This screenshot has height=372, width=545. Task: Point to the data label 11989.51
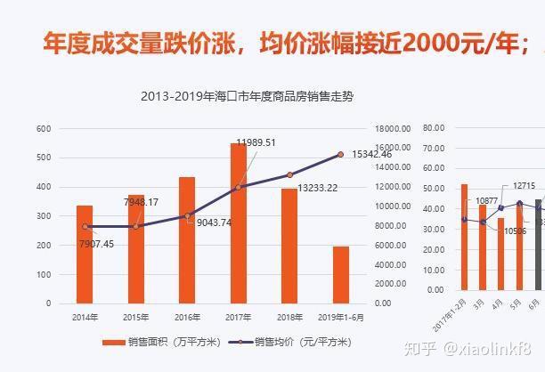tap(256, 142)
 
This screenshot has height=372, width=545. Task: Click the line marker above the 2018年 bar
tap(289, 175)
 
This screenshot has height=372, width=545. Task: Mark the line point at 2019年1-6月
tap(341, 155)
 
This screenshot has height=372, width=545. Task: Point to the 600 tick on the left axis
tap(44, 128)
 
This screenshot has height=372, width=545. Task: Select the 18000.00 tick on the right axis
tap(392, 128)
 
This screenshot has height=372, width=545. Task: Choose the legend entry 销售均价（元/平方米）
tap(290, 342)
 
